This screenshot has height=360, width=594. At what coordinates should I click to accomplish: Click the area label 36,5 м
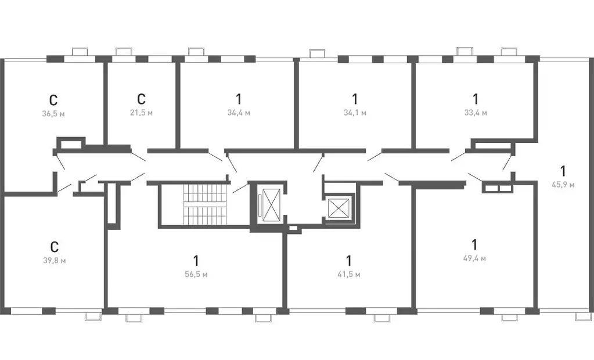[x=53, y=114]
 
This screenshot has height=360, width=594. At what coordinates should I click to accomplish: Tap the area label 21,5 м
[x=141, y=113]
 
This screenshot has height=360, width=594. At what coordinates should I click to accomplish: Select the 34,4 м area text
[x=239, y=113]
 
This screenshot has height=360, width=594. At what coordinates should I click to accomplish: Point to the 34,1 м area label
[x=355, y=113]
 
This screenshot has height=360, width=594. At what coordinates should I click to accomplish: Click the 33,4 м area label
[x=476, y=113]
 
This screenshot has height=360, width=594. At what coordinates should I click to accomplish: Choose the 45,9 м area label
[x=563, y=185]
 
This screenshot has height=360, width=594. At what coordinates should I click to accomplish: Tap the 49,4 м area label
[x=474, y=258]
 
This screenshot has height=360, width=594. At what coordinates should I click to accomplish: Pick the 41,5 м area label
[x=349, y=275]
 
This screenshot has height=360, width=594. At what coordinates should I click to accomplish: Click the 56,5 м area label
[x=196, y=275]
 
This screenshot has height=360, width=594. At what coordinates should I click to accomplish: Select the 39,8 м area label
[x=55, y=261]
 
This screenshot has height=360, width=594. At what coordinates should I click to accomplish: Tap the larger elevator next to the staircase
[x=271, y=204]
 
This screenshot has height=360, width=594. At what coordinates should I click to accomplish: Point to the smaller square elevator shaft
[x=337, y=208]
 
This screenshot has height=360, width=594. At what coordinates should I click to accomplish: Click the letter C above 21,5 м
[x=141, y=99]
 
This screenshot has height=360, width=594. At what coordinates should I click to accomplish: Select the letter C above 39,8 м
[x=55, y=247]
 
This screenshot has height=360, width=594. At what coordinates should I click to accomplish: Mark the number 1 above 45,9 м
[x=563, y=171]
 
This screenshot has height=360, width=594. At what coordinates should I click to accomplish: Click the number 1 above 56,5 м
[x=196, y=261]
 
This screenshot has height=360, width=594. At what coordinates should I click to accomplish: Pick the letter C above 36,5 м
[x=53, y=100]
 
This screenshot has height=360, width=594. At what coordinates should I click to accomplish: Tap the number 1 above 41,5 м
[x=348, y=261]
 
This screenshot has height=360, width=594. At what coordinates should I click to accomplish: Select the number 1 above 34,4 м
[x=238, y=99]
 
